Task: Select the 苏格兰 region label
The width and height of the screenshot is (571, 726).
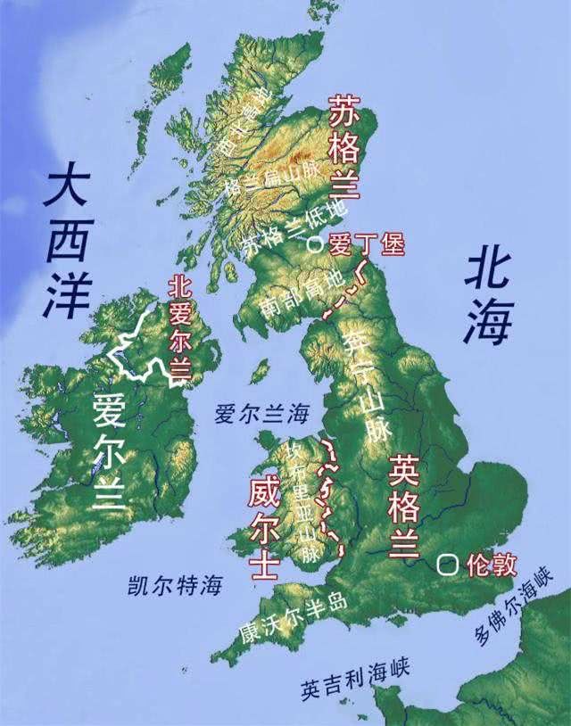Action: click(x=344, y=147)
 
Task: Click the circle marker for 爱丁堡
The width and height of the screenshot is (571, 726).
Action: click(x=312, y=243)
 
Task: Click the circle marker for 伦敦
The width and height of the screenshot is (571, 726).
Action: click(x=448, y=565)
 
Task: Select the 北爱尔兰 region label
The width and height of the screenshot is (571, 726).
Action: click(x=181, y=326)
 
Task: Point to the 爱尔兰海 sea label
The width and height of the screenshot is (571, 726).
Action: click(x=261, y=414)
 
